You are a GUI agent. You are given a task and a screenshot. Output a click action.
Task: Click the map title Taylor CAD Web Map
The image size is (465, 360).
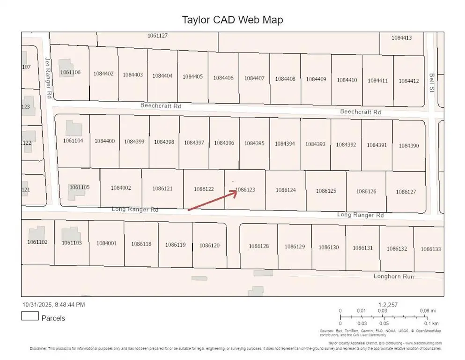(x=232, y=20)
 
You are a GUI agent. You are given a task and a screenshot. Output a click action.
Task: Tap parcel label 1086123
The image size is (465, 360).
(x=245, y=190)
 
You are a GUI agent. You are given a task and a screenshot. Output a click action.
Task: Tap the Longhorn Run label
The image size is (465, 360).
(x=393, y=277)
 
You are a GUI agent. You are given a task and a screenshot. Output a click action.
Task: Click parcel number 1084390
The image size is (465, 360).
(x=409, y=146)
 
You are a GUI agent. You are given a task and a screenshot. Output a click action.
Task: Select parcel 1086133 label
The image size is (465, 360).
(x=430, y=249)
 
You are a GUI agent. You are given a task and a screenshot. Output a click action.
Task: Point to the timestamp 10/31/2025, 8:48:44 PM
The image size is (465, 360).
(x=53, y=305)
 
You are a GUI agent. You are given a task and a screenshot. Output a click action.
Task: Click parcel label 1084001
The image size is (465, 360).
(x=106, y=243)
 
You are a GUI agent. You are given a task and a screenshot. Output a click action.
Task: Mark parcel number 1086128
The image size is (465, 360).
(x=258, y=246)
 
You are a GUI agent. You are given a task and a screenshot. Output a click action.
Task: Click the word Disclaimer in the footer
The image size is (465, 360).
(x=38, y=348)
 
